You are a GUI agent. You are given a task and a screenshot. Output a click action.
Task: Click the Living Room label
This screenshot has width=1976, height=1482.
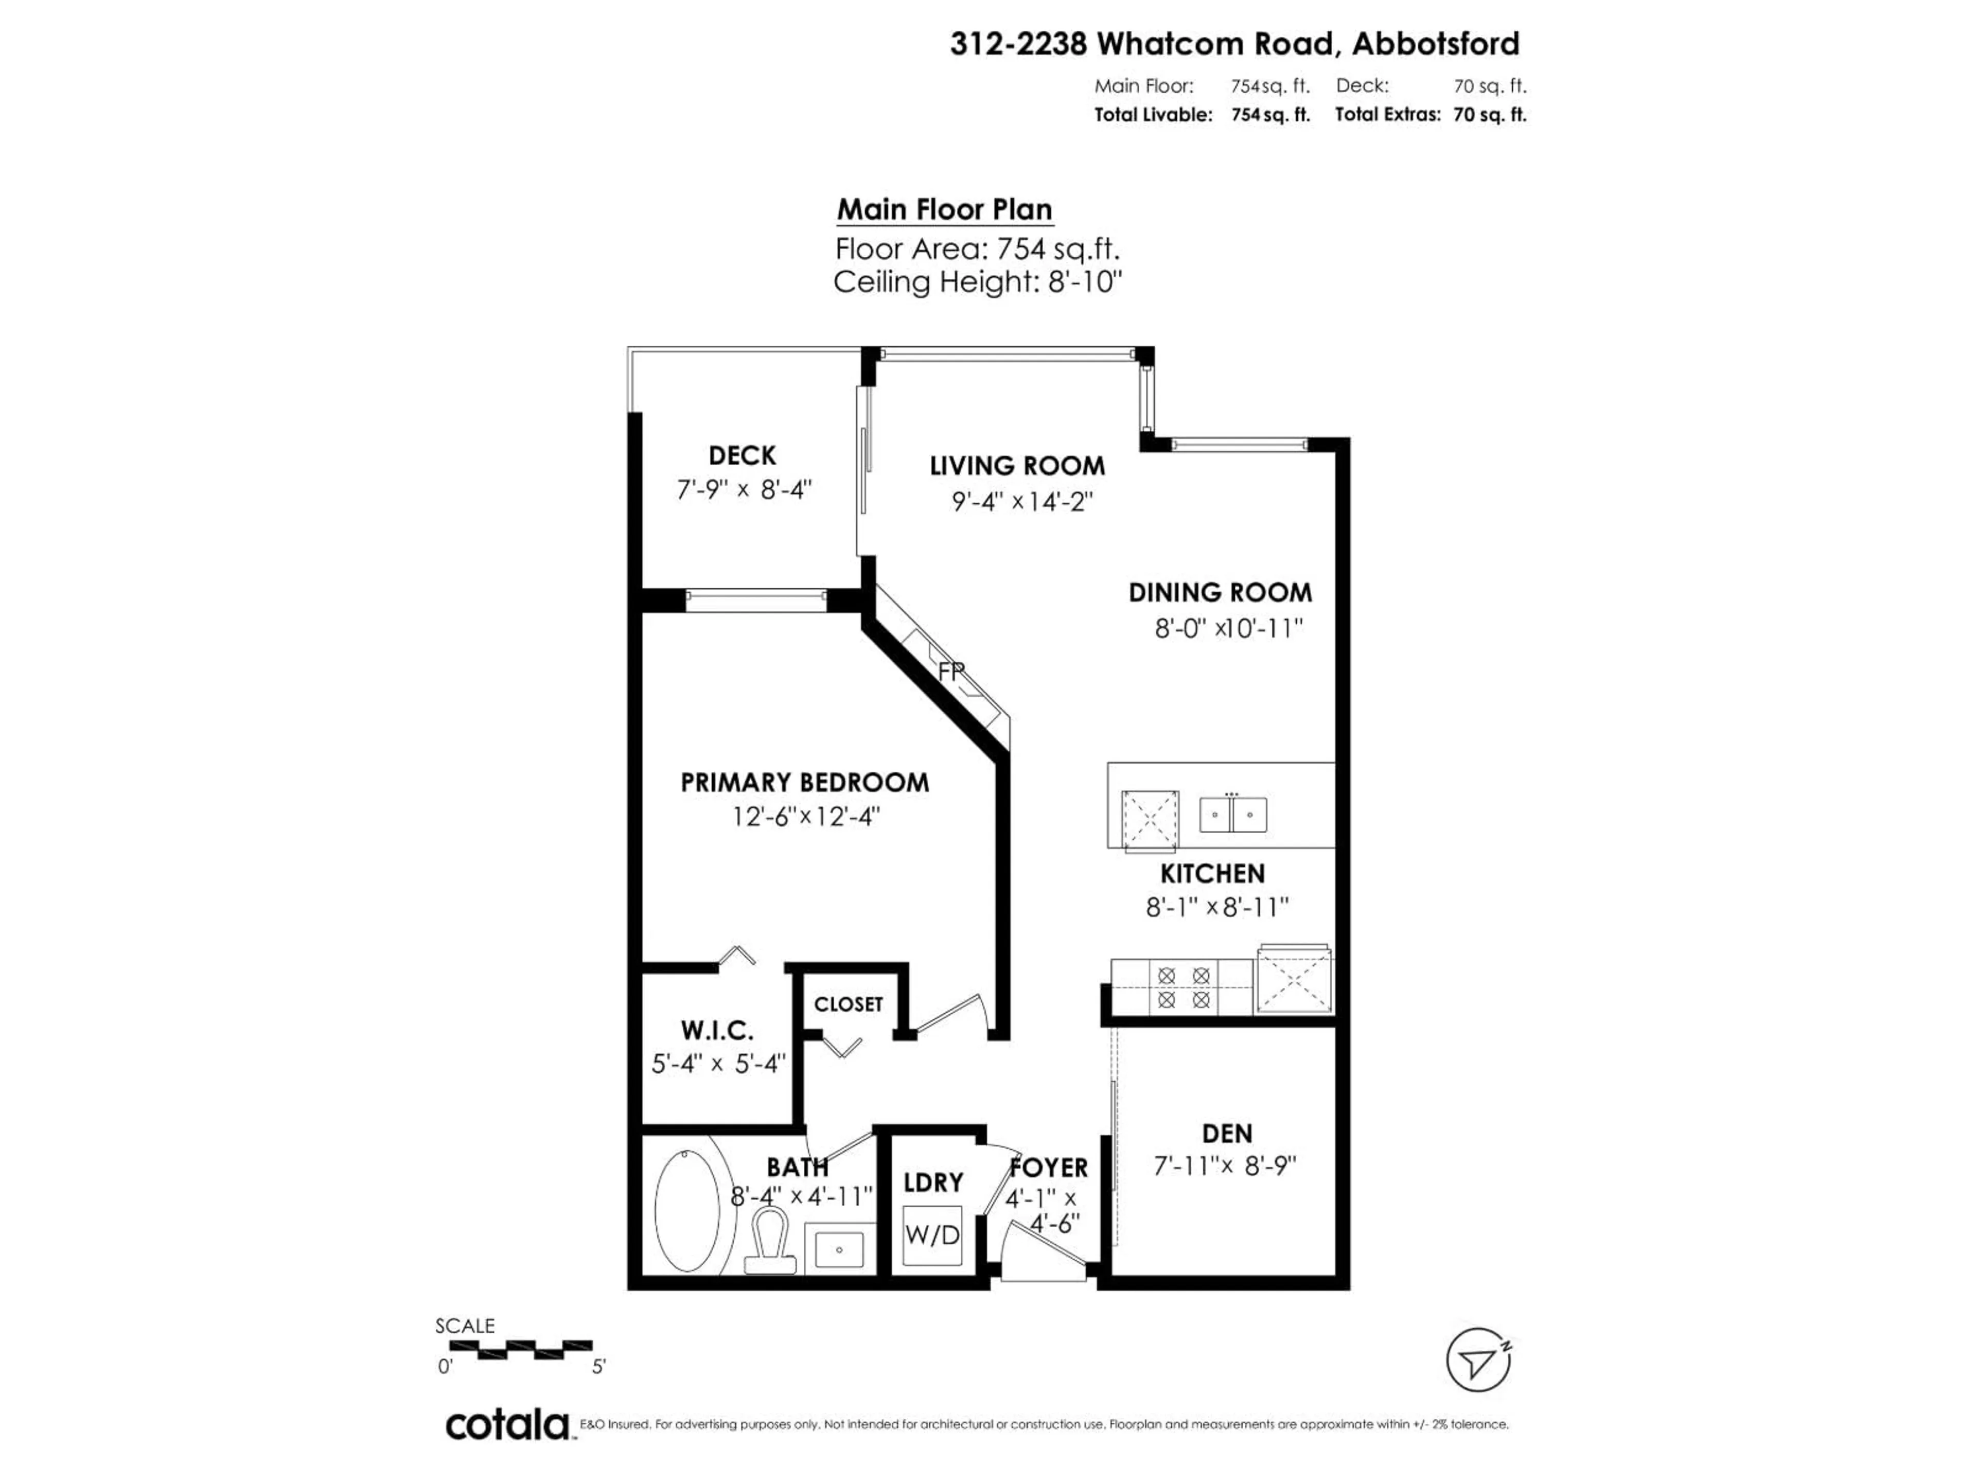tap(1017, 465)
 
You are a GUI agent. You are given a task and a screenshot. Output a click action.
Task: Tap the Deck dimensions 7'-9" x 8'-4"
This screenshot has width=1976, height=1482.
tap(743, 489)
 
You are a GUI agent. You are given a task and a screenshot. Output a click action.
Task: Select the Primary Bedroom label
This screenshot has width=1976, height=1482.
tap(804, 783)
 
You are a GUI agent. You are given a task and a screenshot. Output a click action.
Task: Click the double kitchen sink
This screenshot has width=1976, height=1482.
tap(1233, 814)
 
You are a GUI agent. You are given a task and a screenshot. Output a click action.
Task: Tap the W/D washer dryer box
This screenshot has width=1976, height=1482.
tap(932, 1234)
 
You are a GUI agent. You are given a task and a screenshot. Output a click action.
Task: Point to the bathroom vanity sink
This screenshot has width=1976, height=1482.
tap(840, 1247)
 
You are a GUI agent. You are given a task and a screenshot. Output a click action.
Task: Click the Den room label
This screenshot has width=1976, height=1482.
tap(1227, 1134)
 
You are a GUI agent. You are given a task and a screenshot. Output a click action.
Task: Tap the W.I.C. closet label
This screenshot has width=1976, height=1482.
tap(716, 1030)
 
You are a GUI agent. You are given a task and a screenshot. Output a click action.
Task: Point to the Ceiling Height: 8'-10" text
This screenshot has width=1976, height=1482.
tap(977, 283)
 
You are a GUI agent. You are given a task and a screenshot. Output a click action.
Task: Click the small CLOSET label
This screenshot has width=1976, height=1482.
tap(848, 1004)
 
